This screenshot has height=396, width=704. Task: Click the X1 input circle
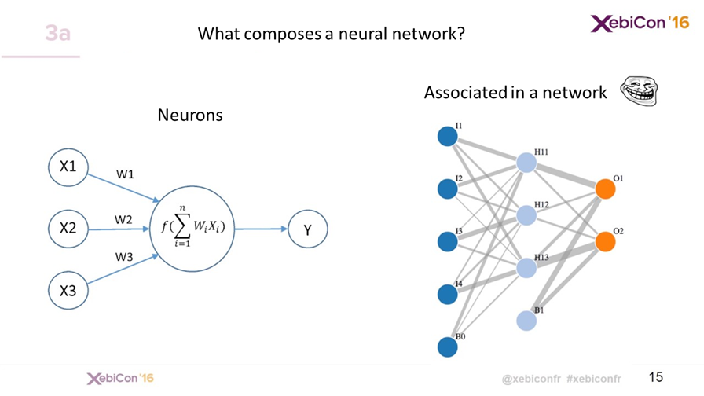click(x=68, y=167)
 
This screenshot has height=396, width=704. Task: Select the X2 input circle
click(x=68, y=229)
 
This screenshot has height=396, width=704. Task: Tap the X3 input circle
click(x=68, y=290)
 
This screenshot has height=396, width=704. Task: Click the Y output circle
click(x=307, y=229)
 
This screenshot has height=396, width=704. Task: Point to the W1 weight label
click(x=125, y=175)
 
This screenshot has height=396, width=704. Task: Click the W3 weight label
click(x=125, y=257)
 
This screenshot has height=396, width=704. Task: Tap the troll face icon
click(x=637, y=90)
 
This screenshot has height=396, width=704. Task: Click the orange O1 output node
click(x=604, y=189)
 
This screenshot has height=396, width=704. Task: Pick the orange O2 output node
click(x=604, y=242)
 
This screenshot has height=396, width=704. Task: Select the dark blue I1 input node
click(x=447, y=137)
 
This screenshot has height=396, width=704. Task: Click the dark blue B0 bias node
click(x=447, y=346)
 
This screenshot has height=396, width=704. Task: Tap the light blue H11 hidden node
click(x=526, y=163)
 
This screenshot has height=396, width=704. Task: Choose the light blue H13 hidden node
click(x=526, y=268)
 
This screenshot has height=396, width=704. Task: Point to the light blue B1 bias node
click(x=526, y=321)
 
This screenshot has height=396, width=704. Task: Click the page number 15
click(x=657, y=377)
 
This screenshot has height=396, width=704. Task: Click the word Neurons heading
click(x=190, y=115)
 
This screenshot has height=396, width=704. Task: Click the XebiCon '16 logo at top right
click(x=640, y=24)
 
